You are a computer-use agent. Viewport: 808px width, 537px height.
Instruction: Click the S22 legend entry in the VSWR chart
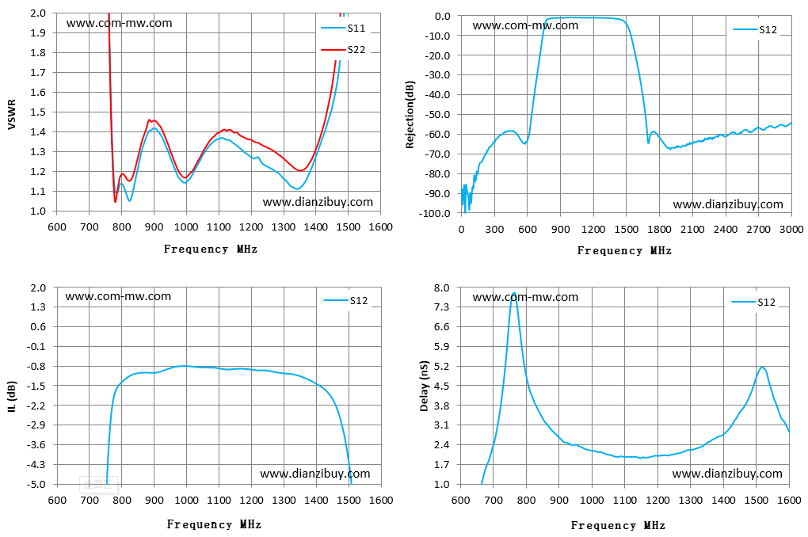click(x=343, y=49)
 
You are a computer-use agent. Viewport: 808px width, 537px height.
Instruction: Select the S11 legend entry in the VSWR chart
click(x=343, y=28)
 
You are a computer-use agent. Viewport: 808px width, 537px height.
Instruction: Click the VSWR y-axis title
click(x=11, y=114)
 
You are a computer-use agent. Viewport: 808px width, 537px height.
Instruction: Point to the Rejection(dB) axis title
click(x=410, y=114)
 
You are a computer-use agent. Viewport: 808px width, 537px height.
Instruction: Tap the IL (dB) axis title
click(x=12, y=396)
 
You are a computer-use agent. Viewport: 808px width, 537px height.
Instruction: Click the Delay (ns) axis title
click(x=424, y=386)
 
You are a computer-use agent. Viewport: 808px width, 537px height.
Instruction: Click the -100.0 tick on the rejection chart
click(x=436, y=213)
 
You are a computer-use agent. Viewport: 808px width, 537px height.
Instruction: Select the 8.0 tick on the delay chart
click(x=442, y=288)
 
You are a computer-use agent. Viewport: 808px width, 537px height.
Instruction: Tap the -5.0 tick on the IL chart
click(x=36, y=485)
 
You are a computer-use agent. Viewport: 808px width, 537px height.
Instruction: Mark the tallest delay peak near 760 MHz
click(x=513, y=293)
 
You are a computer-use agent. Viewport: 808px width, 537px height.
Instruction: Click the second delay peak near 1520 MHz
click(x=762, y=368)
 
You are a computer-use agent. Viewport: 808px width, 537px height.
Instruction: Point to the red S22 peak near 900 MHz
click(x=150, y=120)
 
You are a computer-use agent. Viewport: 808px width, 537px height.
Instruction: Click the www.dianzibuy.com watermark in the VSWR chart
click(x=318, y=202)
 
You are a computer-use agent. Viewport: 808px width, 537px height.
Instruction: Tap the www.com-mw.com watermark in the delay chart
click(x=525, y=297)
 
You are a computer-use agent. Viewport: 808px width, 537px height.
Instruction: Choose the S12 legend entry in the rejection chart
click(x=754, y=30)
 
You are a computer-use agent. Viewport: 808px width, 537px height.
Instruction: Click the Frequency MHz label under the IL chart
click(x=214, y=524)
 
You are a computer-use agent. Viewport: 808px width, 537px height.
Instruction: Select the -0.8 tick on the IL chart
click(x=36, y=367)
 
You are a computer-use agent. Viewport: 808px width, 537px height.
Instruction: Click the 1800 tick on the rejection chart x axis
click(x=659, y=230)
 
